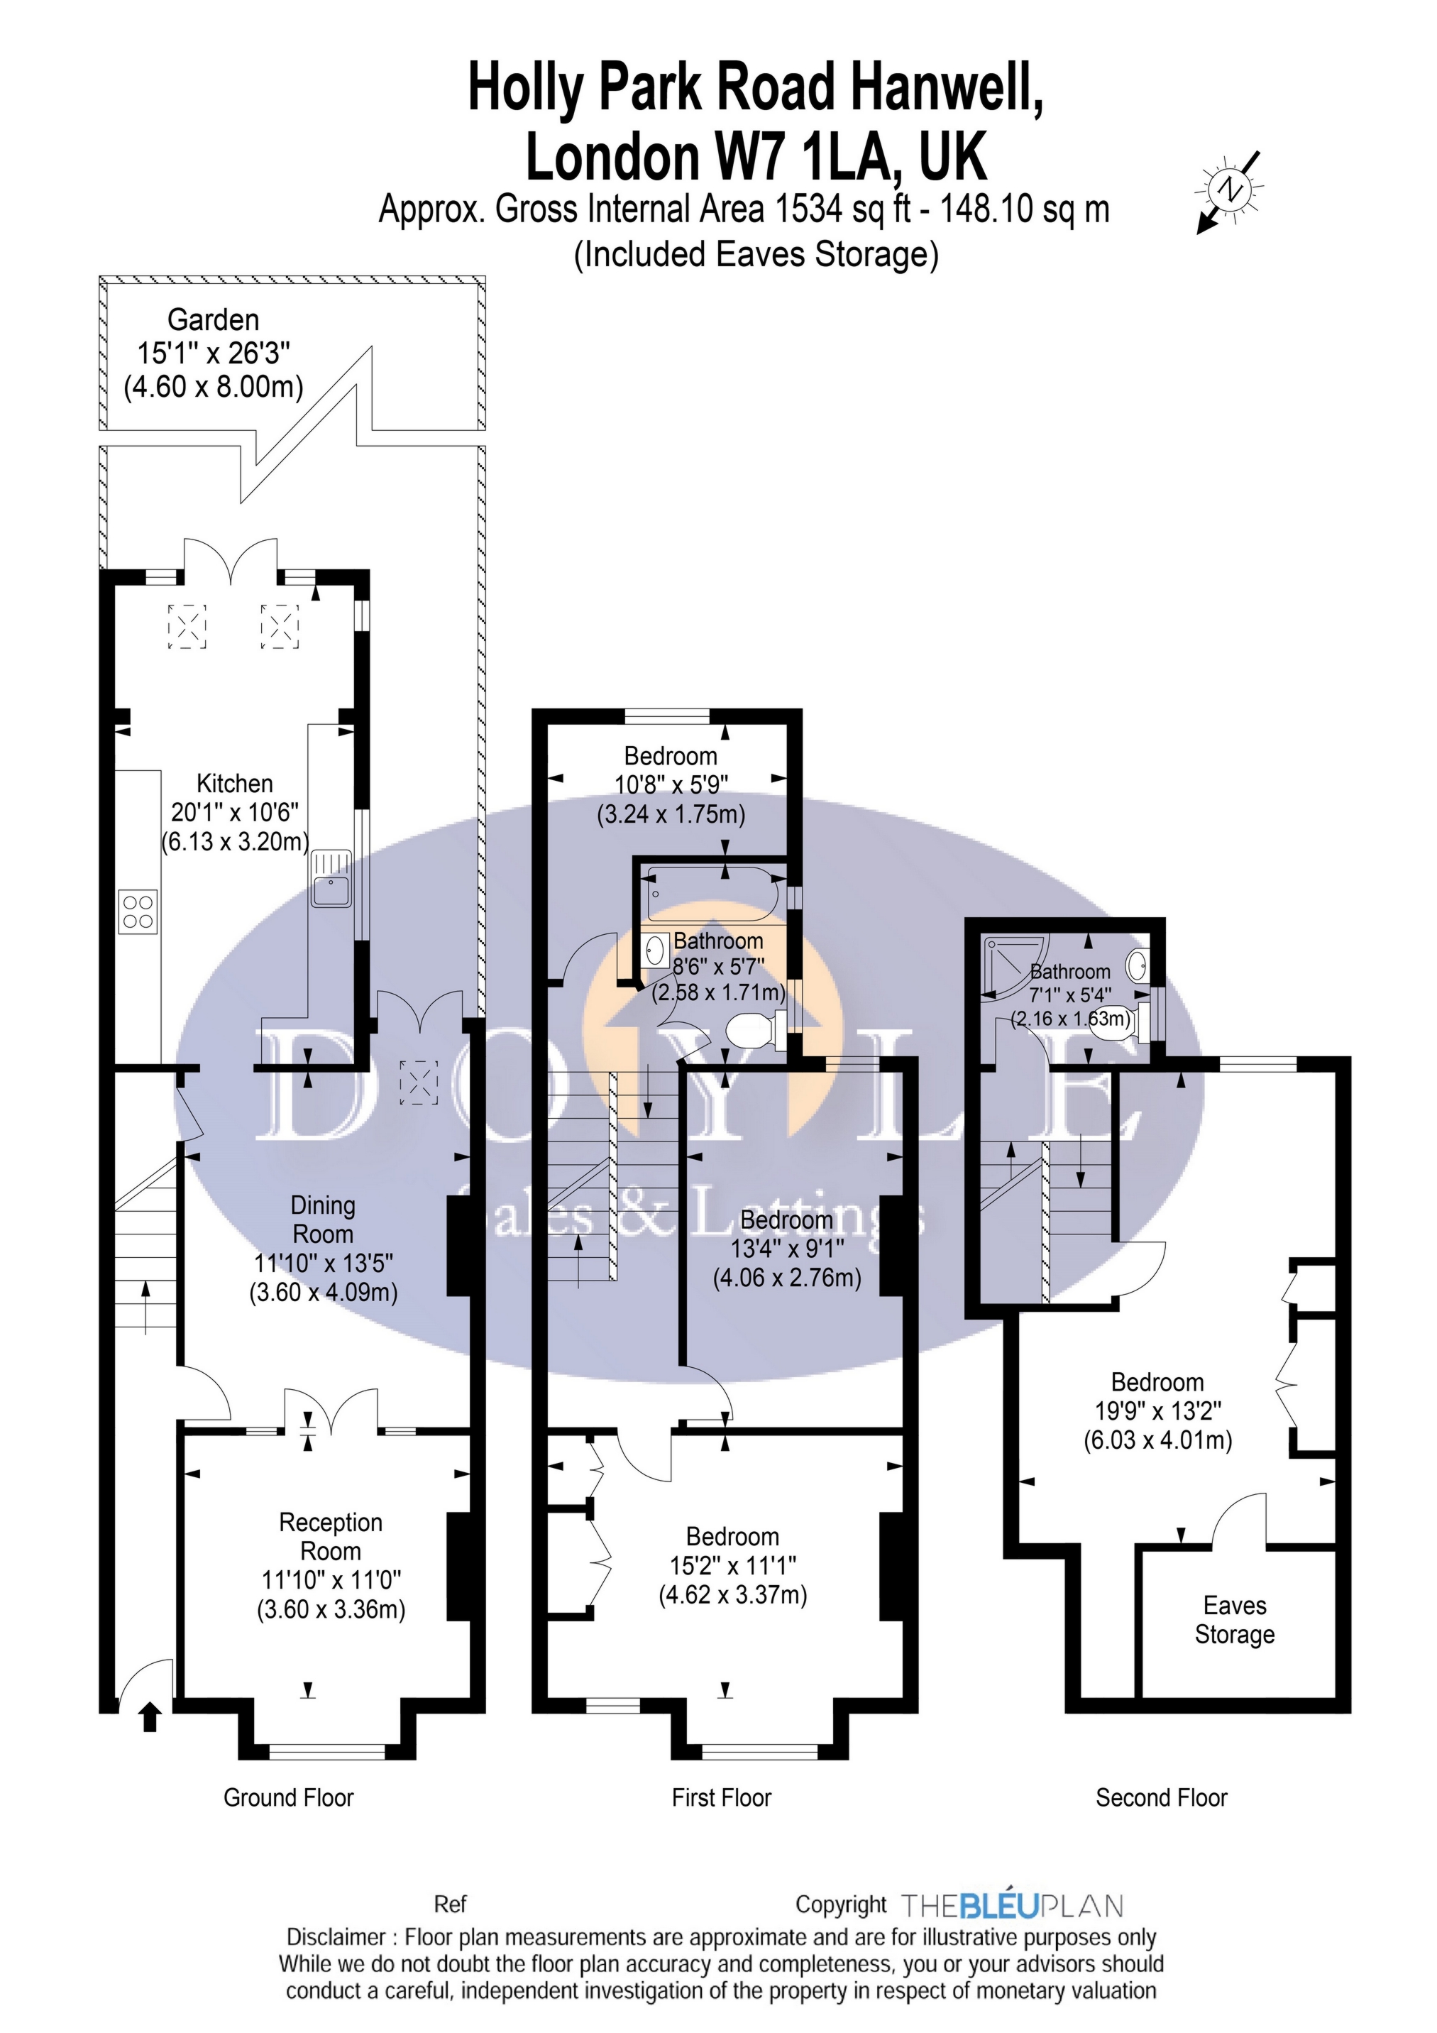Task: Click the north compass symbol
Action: click(x=1230, y=190)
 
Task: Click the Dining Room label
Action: click(x=323, y=1220)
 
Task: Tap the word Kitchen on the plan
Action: click(x=235, y=784)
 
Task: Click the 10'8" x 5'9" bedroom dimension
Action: click(x=671, y=784)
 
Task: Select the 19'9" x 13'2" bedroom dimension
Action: click(x=1158, y=1410)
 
